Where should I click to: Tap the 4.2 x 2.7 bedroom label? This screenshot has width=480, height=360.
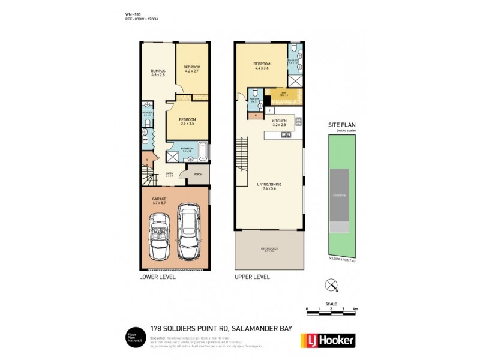pos(191,68)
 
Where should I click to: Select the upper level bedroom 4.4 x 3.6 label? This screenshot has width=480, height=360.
pos(262,66)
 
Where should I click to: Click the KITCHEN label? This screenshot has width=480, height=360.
pos(280,122)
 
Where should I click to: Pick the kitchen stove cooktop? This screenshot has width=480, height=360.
pos(298,122)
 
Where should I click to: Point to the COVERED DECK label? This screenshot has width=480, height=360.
pos(268,249)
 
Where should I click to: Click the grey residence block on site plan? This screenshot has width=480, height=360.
pos(340,196)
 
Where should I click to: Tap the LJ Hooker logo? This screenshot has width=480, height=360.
pos(327,340)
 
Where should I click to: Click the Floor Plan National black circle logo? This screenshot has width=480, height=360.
pos(133,338)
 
